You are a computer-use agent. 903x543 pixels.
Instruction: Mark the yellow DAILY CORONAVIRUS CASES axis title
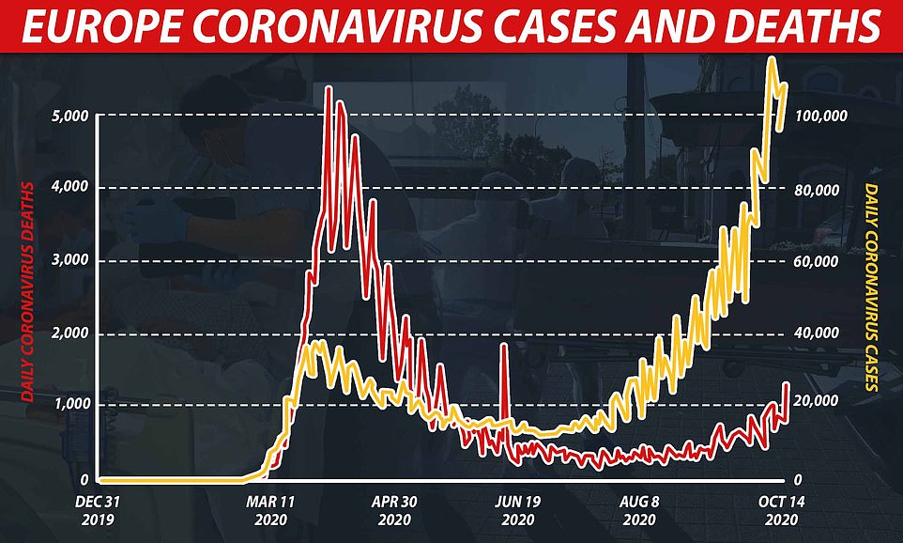point(873,287)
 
